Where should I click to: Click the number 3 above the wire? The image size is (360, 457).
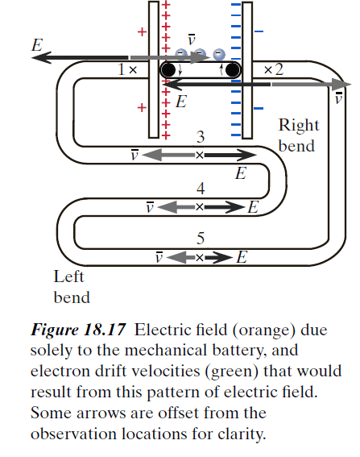click(201, 137)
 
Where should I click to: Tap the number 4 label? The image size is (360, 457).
click(201, 189)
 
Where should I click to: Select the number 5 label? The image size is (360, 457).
click(201, 239)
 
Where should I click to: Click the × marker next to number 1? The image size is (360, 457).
click(133, 71)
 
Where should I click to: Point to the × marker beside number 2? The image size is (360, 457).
click(267, 71)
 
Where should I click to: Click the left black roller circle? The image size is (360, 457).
click(168, 71)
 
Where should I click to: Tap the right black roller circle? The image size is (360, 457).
click(233, 71)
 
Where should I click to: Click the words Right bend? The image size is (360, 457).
click(299, 135)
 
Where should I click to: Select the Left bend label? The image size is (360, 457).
click(71, 287)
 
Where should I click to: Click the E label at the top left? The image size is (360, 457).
click(36, 45)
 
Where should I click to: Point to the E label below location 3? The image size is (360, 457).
click(240, 172)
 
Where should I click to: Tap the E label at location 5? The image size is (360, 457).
click(242, 258)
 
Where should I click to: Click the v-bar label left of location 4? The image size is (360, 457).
click(149, 207)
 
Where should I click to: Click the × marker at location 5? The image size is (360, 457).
click(200, 258)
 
